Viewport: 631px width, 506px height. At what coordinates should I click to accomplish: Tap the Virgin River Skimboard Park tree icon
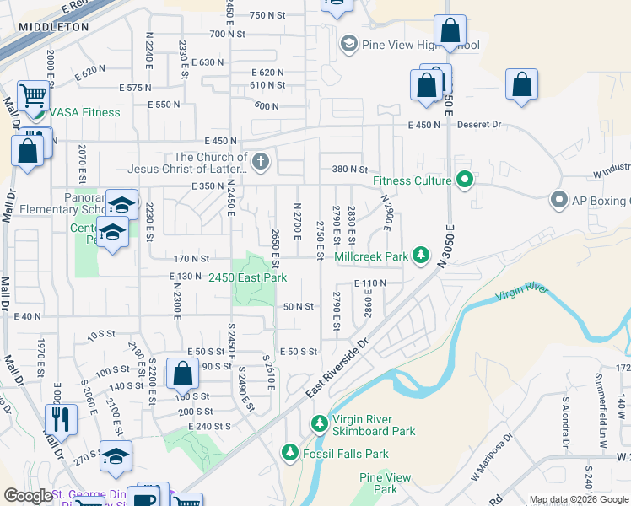click(x=320, y=423)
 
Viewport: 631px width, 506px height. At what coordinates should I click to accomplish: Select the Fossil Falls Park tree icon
click(x=290, y=454)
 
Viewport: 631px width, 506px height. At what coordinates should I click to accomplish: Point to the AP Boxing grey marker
click(x=558, y=201)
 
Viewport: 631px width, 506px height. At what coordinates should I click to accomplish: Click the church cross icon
click(x=261, y=162)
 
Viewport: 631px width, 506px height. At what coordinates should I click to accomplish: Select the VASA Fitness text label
click(x=84, y=112)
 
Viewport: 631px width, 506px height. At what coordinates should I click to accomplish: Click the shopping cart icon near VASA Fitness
click(x=33, y=95)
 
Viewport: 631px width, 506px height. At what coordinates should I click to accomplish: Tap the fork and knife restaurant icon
click(x=61, y=418)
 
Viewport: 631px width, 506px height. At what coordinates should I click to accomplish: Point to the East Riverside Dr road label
click(x=337, y=370)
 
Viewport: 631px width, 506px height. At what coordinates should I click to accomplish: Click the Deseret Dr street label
click(x=479, y=125)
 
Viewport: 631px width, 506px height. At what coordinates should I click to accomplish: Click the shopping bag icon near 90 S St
click(x=182, y=373)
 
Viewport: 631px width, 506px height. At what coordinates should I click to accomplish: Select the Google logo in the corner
click(x=29, y=496)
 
